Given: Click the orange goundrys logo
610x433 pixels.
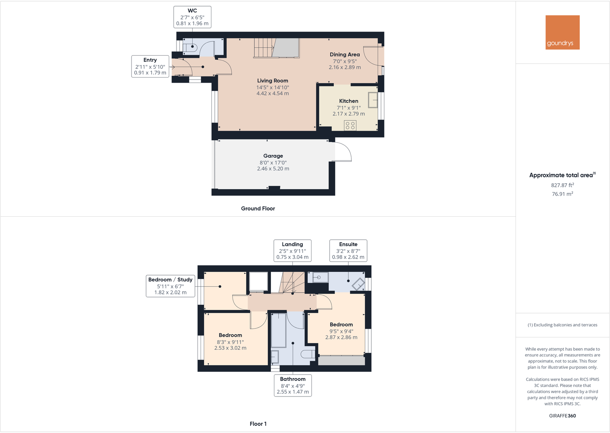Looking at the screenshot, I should coord(562,32).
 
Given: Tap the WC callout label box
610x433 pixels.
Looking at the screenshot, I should coord(192,17).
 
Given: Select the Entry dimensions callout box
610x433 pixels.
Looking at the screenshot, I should coord(150,66).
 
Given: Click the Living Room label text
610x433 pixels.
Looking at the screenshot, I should coord(272,81).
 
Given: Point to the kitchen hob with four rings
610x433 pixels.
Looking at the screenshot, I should coord(350,125).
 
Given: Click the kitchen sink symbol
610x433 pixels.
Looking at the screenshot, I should coord(373,100).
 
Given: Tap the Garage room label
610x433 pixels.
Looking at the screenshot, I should coord(273,156).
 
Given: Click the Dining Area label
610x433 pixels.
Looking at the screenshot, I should coord(345,55).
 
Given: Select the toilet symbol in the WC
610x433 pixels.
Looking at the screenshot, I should coord(190,48).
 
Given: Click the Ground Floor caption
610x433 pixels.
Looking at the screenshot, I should coord(258,209).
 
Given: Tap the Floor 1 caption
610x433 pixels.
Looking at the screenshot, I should coord(258,424).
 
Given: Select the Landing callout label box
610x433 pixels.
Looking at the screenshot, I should coord(292,251).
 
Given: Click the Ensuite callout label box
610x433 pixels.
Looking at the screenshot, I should coord(348,251).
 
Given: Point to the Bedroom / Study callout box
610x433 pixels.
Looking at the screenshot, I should coord(170,286).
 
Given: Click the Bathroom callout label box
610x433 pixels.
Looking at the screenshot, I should coord(293,385).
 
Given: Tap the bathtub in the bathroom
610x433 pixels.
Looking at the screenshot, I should coord(279,330).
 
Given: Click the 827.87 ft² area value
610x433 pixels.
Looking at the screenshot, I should coord(562,185).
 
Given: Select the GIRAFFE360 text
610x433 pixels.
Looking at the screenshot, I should coord(562,416).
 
